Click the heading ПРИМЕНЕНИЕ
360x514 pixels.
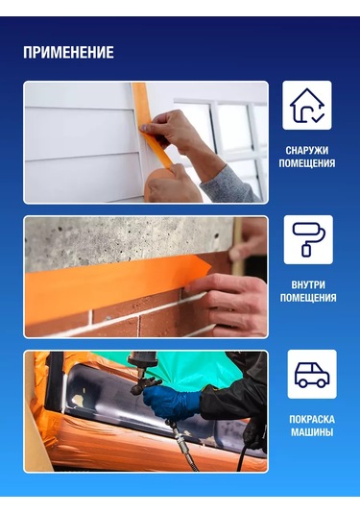point(68,53)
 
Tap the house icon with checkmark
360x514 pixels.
point(307,106)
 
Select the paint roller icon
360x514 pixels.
point(308,239)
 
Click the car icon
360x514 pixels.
point(312,375)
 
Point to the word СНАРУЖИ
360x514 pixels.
point(307,151)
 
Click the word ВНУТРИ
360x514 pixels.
point(308,285)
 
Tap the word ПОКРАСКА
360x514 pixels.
point(312,419)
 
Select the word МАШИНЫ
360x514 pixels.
point(312,432)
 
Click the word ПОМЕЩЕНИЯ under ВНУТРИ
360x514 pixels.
point(308,298)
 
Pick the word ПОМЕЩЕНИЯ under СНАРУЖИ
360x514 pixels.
point(307,163)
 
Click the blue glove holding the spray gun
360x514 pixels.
point(172,403)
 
